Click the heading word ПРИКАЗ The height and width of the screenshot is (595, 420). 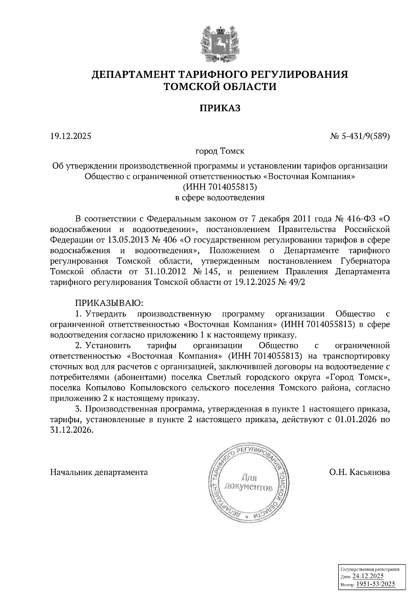tap(220, 108)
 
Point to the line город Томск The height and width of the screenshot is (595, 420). tap(220, 151)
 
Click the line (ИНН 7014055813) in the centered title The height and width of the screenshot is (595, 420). tap(220, 187)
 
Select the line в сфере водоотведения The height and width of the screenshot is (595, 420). tap(220, 197)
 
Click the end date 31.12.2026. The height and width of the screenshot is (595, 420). tap(72, 430)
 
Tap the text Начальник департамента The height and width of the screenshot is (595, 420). tap(99, 472)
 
